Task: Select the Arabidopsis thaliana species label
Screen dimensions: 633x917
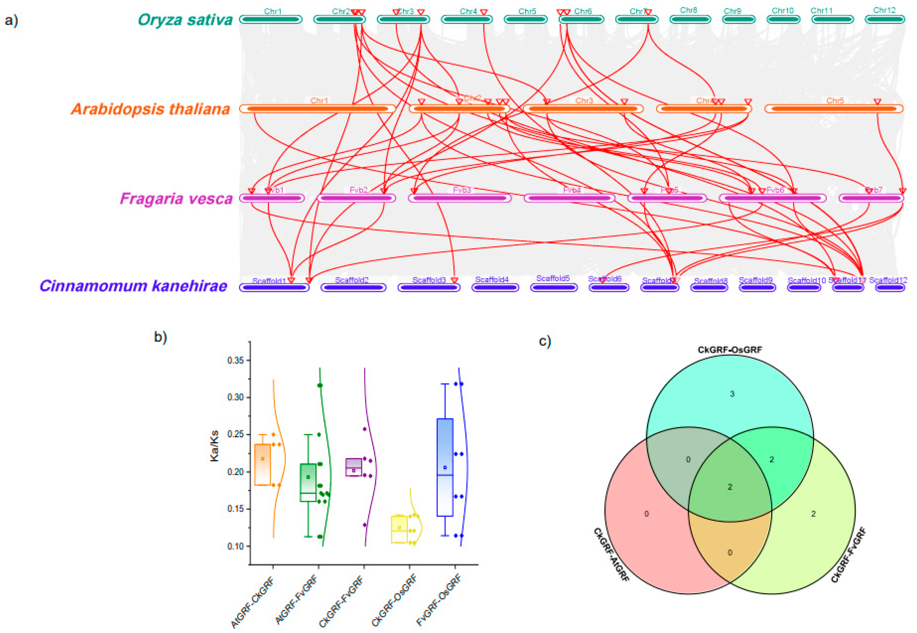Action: point(151,109)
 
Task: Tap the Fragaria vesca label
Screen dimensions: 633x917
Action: point(176,198)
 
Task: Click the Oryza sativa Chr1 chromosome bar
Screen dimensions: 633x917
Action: point(271,19)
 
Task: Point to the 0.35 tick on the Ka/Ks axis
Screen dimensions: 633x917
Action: point(238,360)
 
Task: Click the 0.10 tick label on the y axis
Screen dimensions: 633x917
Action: point(236,546)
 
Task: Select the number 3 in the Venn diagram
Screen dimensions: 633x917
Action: point(732,394)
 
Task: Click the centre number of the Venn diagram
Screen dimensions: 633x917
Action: point(730,487)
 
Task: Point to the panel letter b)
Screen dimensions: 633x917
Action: point(160,337)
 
